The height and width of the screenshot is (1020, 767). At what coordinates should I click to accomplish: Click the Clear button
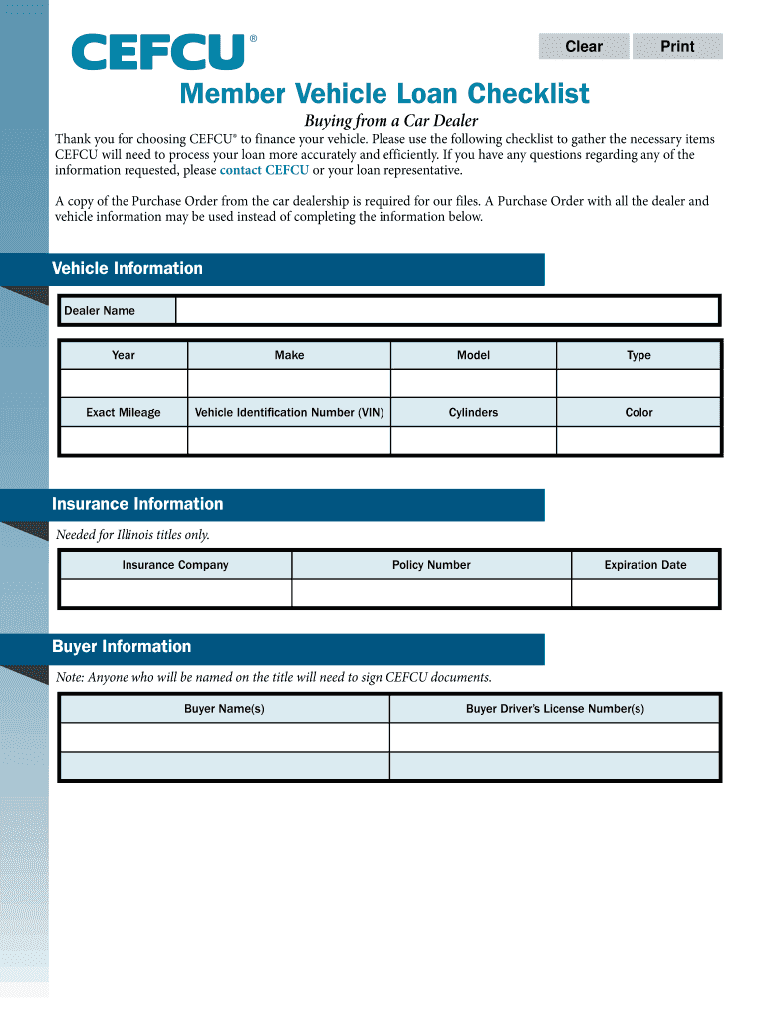coord(584,46)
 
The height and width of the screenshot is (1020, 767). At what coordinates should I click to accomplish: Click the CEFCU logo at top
coord(157,51)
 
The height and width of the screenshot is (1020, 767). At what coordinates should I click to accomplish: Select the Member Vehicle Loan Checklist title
coord(383,95)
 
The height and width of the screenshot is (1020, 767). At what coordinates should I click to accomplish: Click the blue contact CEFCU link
coord(264,169)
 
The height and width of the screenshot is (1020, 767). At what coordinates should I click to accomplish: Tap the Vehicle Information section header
coord(128,269)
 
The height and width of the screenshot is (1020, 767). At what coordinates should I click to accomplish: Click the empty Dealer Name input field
coord(447,311)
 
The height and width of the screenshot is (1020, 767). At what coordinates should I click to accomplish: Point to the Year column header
coord(124,355)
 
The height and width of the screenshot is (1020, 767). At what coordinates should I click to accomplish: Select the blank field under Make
coord(289,383)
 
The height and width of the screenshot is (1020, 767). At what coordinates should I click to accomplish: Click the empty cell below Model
coord(473,383)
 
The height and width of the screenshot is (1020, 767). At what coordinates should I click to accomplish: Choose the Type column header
coord(639,355)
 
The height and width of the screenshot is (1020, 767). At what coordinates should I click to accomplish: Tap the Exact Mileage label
coord(124,412)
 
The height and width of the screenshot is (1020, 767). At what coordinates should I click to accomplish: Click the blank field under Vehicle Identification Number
coord(289,441)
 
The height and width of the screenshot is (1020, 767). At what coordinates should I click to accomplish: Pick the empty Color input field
coord(639,441)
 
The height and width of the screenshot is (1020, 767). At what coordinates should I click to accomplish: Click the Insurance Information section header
coord(137,504)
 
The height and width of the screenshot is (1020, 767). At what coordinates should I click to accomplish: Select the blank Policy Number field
coord(431,593)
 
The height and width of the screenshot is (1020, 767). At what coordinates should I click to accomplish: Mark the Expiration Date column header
coord(645,565)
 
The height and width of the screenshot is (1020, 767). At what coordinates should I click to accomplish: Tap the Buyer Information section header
coord(122,647)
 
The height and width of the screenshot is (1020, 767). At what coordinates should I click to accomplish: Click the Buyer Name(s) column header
coord(224,709)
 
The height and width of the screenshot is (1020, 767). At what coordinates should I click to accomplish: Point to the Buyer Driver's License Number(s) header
coord(555,709)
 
